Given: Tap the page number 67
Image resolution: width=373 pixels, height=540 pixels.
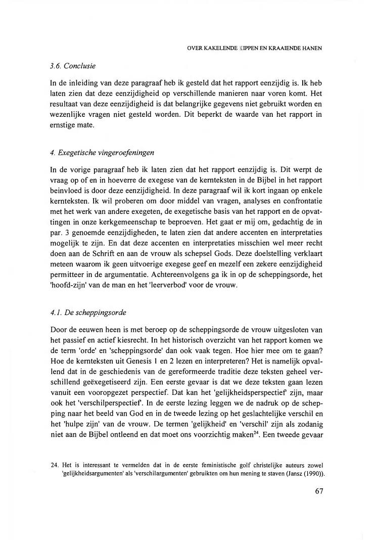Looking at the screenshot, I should click(317, 491).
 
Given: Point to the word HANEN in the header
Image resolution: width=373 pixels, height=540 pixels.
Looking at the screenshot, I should click(313, 49).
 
